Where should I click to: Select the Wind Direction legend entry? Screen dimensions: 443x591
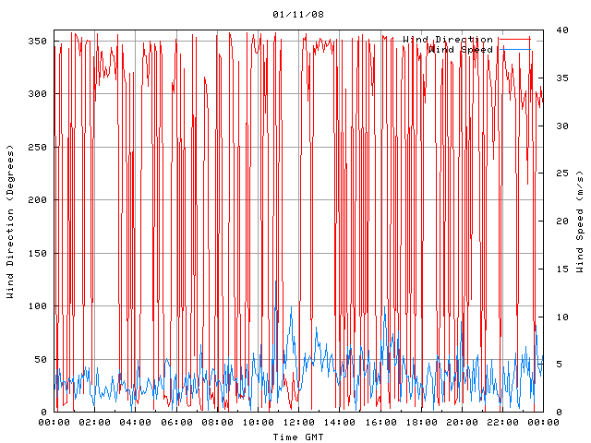click(448, 40)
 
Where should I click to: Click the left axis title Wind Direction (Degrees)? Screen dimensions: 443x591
click(10, 221)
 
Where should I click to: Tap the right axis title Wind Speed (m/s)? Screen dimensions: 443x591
click(580, 221)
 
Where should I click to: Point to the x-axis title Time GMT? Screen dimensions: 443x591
click(298, 437)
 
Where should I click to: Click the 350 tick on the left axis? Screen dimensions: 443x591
click(37, 41)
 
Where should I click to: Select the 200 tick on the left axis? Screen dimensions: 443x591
click(37, 200)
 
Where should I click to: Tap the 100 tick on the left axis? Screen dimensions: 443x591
click(37, 306)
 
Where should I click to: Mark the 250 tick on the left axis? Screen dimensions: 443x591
click(37, 147)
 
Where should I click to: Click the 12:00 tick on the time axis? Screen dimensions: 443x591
click(298, 423)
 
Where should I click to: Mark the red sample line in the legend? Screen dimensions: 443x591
click(513, 40)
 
